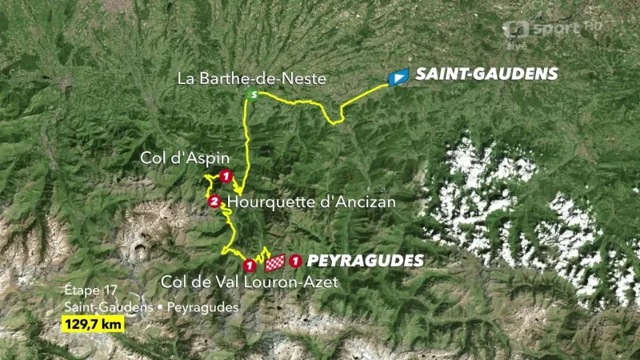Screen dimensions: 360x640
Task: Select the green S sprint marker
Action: [x=252, y=97]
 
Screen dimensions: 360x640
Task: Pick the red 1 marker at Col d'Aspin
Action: [x=226, y=177]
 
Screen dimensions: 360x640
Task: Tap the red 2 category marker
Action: [x=214, y=202]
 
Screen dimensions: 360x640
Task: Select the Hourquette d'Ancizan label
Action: [x=312, y=202]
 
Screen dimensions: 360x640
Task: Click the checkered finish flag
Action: [x=275, y=262]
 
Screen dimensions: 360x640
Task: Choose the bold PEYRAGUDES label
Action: [x=365, y=261]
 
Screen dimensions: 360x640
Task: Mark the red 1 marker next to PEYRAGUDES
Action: [x=296, y=260]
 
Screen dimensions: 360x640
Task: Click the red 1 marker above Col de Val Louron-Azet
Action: [x=250, y=265]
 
